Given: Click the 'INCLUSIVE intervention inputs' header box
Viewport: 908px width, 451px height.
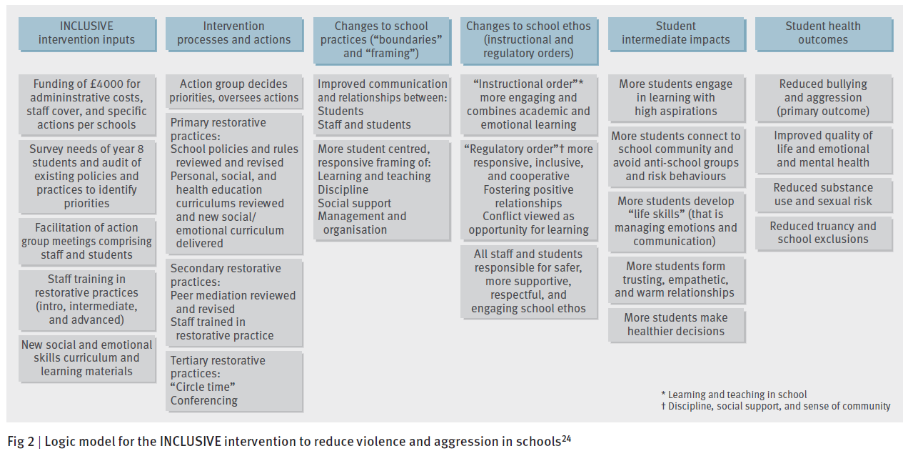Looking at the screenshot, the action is tap(87, 33).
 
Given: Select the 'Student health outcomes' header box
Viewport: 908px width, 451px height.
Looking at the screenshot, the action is tap(822, 33).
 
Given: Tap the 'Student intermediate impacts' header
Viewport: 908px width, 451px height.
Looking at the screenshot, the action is tap(675, 33).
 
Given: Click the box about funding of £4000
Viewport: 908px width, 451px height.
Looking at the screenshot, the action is tap(87, 104).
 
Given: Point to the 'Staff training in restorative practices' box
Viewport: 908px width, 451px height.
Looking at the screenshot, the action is tap(87, 299).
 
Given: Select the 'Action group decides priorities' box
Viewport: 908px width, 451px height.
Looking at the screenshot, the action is tap(234, 91).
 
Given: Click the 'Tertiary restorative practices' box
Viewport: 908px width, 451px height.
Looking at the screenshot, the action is tap(234, 381).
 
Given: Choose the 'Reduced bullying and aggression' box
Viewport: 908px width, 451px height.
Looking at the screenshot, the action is tap(822, 97).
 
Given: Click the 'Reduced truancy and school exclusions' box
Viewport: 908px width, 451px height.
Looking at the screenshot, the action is tap(822, 233).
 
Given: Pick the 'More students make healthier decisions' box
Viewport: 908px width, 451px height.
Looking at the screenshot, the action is tap(675, 324).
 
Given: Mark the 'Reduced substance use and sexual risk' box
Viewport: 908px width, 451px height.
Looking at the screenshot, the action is tap(822, 194).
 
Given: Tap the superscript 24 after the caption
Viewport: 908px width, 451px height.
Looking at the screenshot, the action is tap(566, 438).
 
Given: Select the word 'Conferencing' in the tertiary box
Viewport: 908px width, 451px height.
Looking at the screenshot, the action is tap(204, 400).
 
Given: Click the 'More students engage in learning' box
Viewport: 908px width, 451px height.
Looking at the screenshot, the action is tap(675, 97).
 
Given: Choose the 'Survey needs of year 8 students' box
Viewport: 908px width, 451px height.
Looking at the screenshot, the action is tap(87, 177).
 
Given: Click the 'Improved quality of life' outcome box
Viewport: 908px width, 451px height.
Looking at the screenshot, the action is tap(822, 149).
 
